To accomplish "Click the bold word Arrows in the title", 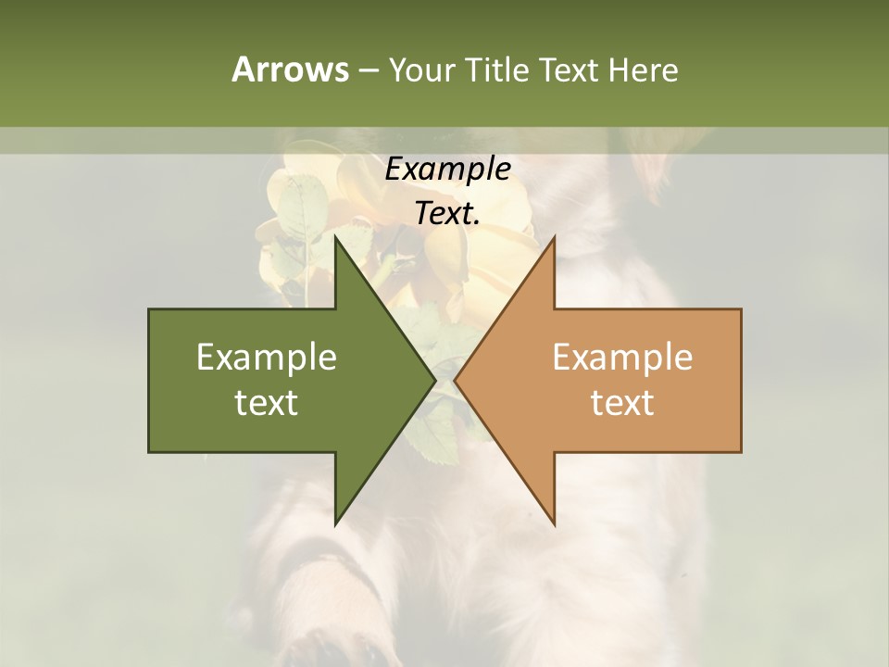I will (x=289, y=69).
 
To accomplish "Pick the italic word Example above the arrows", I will (x=447, y=169).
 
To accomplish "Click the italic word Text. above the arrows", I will (x=447, y=213).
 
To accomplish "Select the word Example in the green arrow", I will (x=267, y=358).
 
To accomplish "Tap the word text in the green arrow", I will (x=267, y=403).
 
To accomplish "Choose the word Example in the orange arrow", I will (x=622, y=358).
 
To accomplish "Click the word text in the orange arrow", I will (x=622, y=403).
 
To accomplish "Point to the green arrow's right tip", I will (x=434, y=381).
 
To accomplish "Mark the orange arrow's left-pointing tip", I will (x=455, y=381).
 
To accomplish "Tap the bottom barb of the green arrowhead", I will (x=336, y=524).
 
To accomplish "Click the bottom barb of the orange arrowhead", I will (x=554, y=524).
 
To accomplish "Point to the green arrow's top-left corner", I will (x=150, y=310).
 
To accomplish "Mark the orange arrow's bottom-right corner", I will (x=740, y=451).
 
